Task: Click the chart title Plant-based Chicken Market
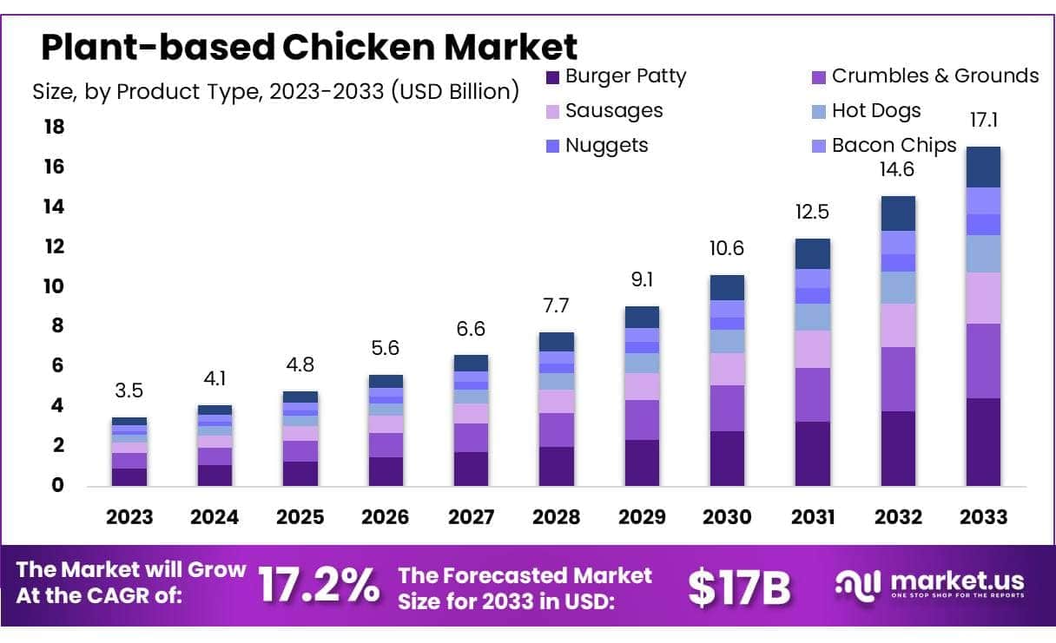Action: point(309,46)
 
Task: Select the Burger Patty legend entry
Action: point(616,76)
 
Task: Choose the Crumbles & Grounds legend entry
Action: point(924,76)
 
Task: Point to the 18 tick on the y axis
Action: point(54,127)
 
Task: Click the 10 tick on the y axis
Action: point(54,286)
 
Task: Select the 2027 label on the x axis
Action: point(471,517)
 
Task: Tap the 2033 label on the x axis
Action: point(983,517)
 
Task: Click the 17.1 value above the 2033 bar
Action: point(983,119)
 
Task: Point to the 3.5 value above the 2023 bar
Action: point(129,391)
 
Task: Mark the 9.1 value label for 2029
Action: point(642,281)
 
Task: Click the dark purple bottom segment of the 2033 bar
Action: point(983,443)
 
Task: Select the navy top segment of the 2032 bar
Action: point(898,213)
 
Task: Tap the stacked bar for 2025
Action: point(300,438)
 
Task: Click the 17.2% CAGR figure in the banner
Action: point(320,586)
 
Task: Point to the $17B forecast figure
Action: point(739,587)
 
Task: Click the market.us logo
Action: point(929,583)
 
